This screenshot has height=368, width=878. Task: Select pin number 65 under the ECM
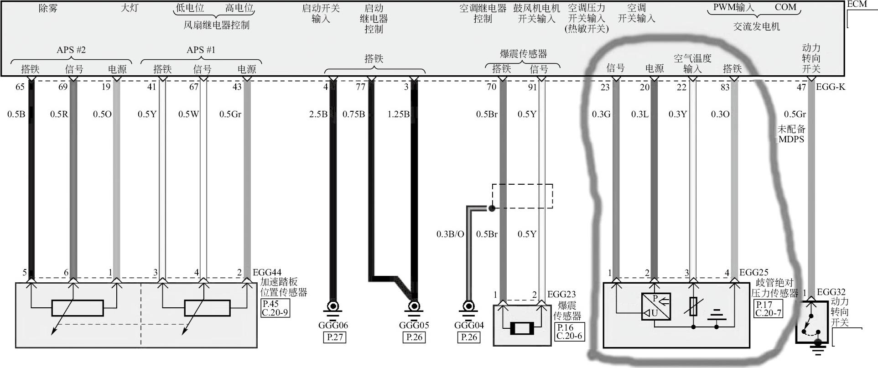(20, 87)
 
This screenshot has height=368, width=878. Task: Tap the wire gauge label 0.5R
(59, 114)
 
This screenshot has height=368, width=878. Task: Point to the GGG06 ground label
(333, 325)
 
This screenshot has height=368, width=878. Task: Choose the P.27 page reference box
(333, 337)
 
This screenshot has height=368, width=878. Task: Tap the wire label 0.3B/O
(450, 234)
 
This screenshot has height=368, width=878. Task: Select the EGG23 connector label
(561, 295)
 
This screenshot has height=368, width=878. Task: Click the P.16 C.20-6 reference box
(569, 332)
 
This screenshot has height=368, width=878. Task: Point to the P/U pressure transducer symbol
(656, 306)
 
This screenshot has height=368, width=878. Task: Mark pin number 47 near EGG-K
(801, 87)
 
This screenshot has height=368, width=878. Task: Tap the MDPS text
(791, 140)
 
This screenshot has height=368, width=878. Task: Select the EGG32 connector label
(831, 292)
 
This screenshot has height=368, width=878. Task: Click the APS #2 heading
(71, 50)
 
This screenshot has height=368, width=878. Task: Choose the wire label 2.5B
(318, 114)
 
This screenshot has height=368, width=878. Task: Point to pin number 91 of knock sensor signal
(532, 87)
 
